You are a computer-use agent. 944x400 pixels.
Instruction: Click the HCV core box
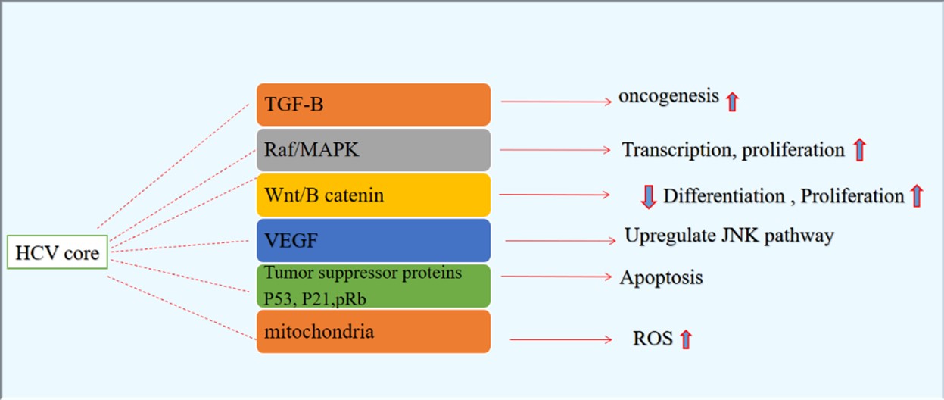tap(58, 252)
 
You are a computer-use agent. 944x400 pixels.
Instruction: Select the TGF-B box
tap(373, 105)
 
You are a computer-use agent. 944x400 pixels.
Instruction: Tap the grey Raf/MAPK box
tap(373, 150)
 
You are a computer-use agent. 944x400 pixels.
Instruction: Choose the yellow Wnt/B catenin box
tap(373, 195)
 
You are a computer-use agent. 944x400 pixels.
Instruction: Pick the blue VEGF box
tap(373, 240)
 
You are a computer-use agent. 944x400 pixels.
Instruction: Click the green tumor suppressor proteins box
tap(373, 286)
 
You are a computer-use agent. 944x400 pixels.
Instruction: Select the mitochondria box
tap(373, 331)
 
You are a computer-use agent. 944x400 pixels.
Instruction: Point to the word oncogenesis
tap(668, 97)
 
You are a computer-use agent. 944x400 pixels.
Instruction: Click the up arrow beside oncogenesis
tap(733, 102)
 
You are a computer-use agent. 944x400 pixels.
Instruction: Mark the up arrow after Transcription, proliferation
tap(859, 150)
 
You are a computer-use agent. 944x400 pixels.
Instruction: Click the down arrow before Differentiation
tap(649, 197)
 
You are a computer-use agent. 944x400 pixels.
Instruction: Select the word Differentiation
tap(724, 195)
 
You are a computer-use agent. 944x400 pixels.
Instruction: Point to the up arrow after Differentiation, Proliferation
tap(917, 195)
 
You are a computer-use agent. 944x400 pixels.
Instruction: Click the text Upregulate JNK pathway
tap(729, 236)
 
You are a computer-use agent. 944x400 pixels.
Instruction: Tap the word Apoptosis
tap(661, 277)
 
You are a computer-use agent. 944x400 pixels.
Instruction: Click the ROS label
tap(653, 339)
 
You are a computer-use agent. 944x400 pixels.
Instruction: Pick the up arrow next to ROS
tap(686, 339)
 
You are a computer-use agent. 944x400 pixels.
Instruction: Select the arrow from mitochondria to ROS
tap(561, 339)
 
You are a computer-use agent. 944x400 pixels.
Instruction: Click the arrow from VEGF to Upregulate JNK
tap(560, 241)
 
